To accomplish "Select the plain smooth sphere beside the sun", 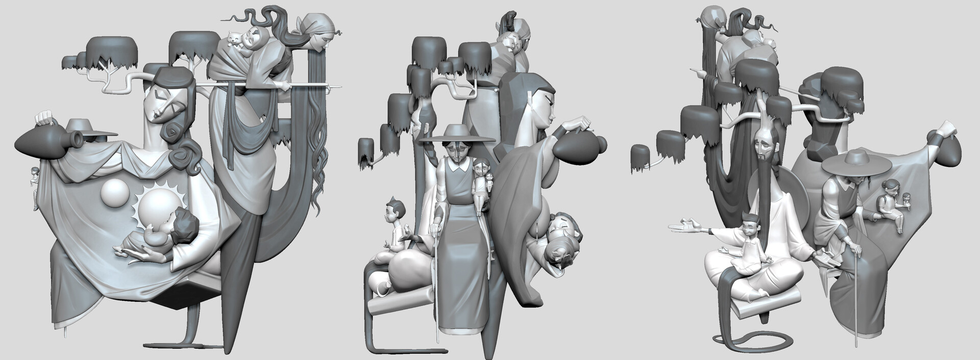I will tap(116, 195).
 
